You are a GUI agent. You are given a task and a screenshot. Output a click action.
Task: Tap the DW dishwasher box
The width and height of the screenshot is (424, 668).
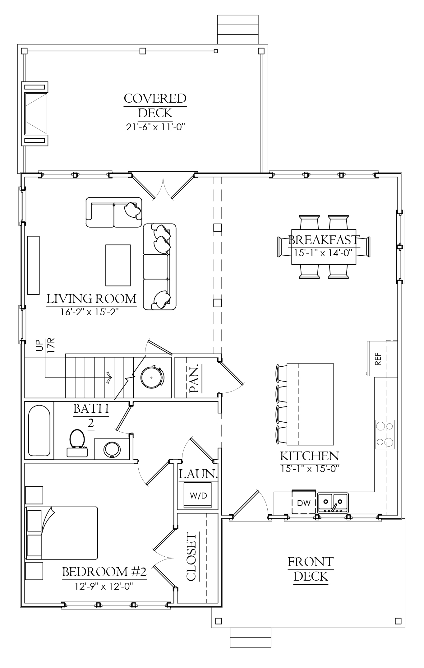point(304,503)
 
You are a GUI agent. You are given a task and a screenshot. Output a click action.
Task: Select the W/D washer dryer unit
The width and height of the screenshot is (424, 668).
point(198,495)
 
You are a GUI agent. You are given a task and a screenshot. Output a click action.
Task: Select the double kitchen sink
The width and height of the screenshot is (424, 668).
point(333,503)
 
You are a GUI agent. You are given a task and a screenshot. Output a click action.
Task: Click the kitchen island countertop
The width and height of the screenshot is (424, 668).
point(310,404)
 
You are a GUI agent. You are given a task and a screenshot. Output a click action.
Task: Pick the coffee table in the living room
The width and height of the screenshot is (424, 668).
point(118,265)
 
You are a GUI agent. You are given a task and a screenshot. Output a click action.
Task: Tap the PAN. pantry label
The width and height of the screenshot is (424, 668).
point(195,380)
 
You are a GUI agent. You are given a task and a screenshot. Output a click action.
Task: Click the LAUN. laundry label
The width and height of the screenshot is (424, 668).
point(198,474)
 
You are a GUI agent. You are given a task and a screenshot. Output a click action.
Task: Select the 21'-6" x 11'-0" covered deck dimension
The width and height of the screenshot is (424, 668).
point(155,127)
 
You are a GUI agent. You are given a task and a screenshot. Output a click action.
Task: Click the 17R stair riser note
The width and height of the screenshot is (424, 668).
point(51,345)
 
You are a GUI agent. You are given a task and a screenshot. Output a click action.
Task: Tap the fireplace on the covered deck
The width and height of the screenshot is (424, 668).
point(35,114)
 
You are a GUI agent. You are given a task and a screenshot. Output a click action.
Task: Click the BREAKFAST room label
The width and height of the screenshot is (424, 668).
point(324,240)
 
